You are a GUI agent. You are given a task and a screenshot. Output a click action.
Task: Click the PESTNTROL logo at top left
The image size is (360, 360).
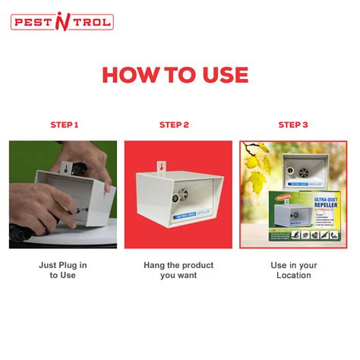click(62, 22)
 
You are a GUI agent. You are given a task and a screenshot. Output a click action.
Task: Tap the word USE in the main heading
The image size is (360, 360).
click(219, 74)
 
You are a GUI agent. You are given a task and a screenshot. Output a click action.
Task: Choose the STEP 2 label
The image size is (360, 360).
click(180, 125)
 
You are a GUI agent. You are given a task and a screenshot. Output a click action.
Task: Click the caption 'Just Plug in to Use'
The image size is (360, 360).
click(63, 270)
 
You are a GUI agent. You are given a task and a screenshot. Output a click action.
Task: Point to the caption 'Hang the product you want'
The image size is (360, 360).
click(180, 270)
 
